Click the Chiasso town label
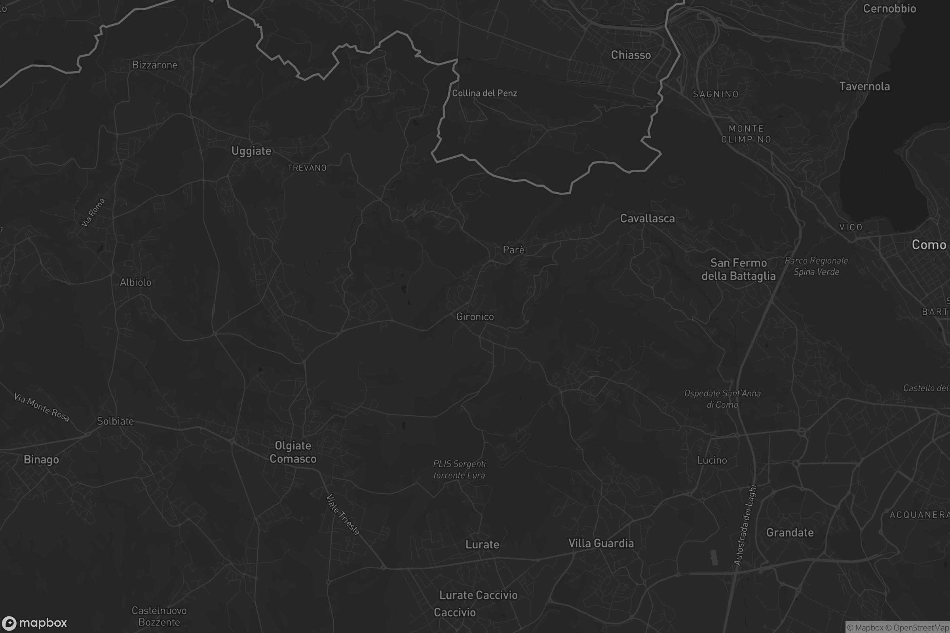631,55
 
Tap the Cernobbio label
889,9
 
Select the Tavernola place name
864,86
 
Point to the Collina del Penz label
484,93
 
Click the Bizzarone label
155,65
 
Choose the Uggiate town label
251,151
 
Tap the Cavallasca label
647,218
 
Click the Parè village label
513,250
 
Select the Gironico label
475,317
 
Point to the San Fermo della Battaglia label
738,269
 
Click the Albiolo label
135,282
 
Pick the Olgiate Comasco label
293,452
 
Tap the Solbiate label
115,421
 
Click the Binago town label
41,460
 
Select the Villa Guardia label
601,543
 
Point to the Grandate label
790,533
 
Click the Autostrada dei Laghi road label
745,525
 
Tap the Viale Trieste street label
342,515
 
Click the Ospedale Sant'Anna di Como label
722,399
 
